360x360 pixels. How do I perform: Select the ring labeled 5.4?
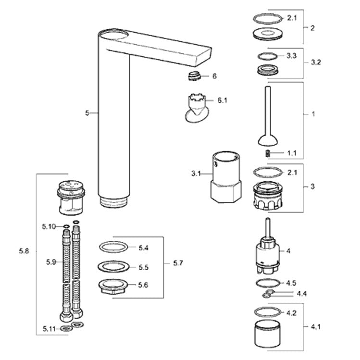coord(114,247)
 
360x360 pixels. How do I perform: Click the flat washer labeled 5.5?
coord(113,266)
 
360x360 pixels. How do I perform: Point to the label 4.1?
coord(315,327)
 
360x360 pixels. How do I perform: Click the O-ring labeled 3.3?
coord(268,56)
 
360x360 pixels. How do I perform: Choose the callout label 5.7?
coord(178,263)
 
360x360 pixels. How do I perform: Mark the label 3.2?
coord(316,62)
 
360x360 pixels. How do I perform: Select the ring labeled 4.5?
coord(266,282)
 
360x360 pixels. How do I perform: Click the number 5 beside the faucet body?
coord(87,112)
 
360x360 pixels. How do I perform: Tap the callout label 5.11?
coord(49,329)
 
